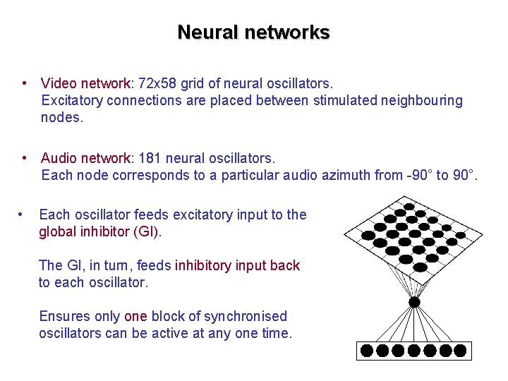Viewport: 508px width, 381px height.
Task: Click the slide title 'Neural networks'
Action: [253, 32]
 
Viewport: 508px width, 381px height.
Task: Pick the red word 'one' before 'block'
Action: [135, 316]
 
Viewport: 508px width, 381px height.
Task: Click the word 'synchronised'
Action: [246, 316]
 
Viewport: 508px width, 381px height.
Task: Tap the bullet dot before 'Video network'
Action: [25, 83]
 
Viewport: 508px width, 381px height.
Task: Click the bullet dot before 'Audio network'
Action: [25, 157]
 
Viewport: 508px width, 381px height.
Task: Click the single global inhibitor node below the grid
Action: [415, 302]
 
